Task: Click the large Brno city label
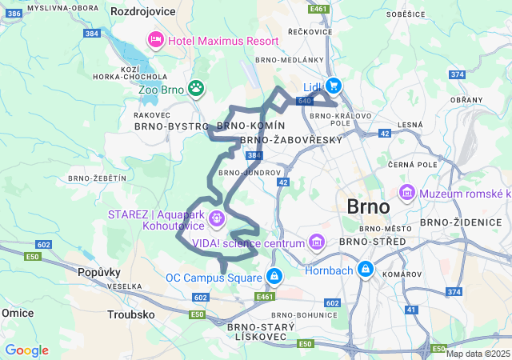tap(369, 206)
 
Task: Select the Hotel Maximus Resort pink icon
tap(154, 39)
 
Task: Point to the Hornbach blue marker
tap(366, 270)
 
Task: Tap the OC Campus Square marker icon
tap(274, 278)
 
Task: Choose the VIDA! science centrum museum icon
tap(318, 242)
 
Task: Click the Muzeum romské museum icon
tap(407, 193)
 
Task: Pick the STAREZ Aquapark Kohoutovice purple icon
tap(215, 217)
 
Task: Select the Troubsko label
tap(131, 314)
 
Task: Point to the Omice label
tap(17, 312)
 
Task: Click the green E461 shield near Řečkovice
tap(318, 9)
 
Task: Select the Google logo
tap(26, 350)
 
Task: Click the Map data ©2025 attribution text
tap(478, 354)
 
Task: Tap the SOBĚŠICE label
tap(406, 14)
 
